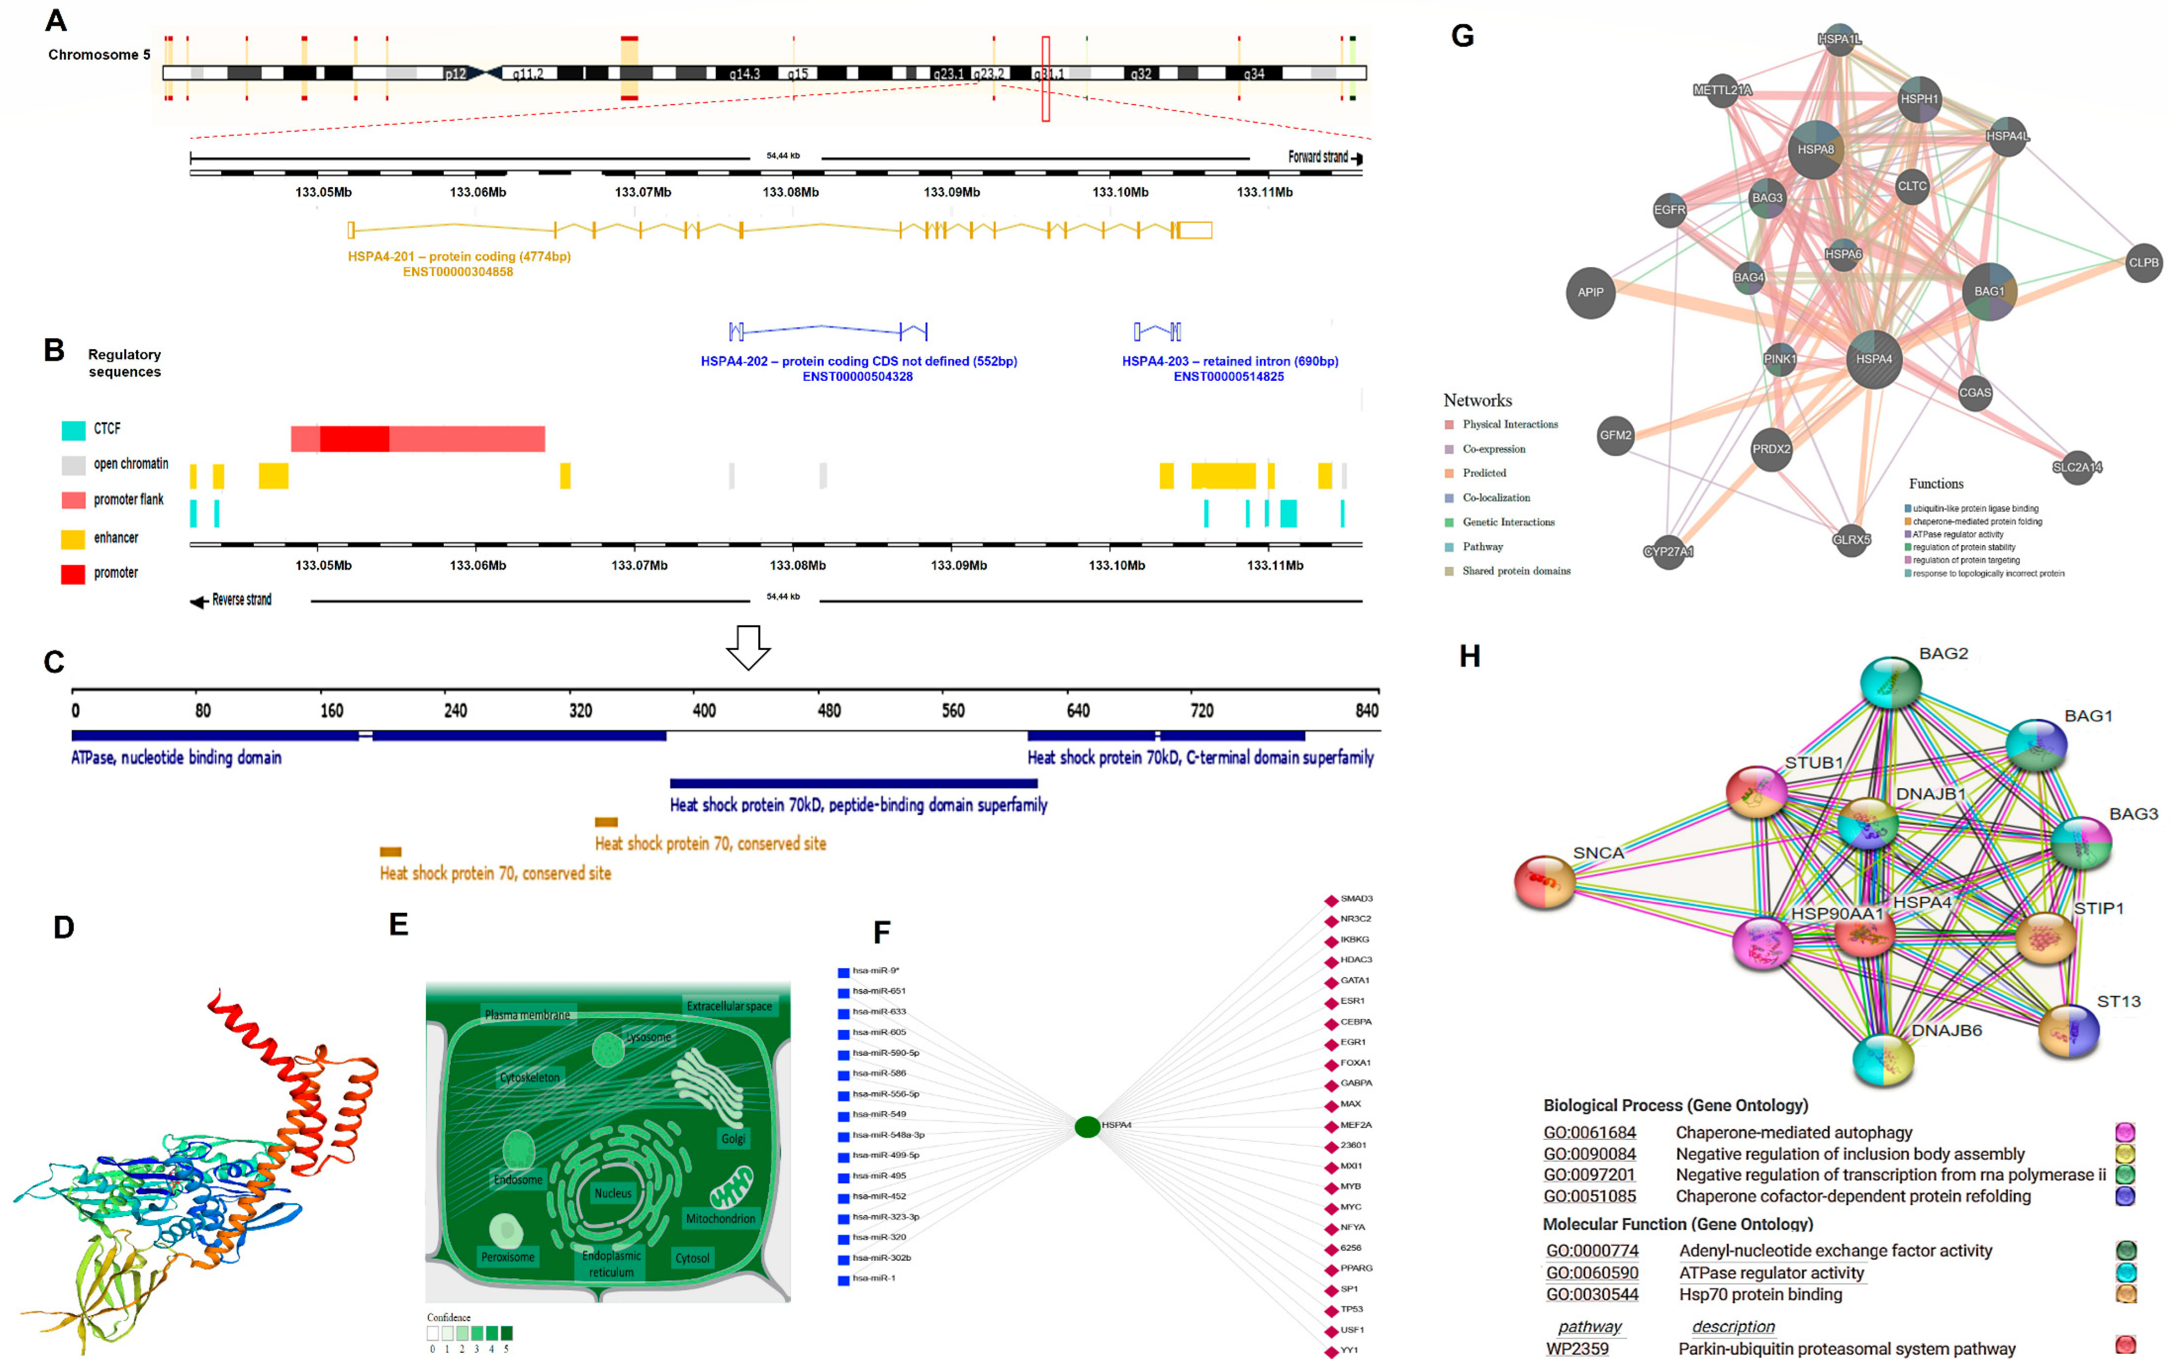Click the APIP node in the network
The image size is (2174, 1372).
[x=1590, y=292]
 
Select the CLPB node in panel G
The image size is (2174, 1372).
[x=2143, y=263]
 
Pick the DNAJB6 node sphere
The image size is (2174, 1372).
[x=1883, y=1059]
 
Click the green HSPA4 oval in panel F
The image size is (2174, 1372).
[x=1087, y=1125]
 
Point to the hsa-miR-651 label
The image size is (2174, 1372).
[x=879, y=991]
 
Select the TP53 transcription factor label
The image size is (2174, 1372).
[x=1351, y=1309]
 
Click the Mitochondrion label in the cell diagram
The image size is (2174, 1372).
[x=719, y=1219]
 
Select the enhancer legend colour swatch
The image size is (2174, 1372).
[x=73, y=539]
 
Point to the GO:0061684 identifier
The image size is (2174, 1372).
[x=1589, y=1133]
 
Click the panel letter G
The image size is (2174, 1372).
[x=1462, y=36]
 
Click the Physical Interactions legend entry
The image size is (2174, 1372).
[x=1509, y=424]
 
